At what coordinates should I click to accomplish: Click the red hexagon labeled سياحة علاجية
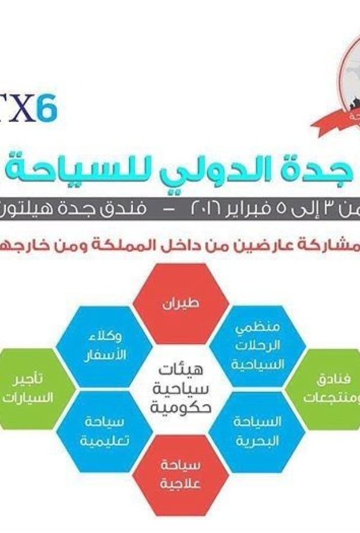pyautogui.click(x=181, y=475)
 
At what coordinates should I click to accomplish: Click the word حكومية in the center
pyautogui.click(x=181, y=408)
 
